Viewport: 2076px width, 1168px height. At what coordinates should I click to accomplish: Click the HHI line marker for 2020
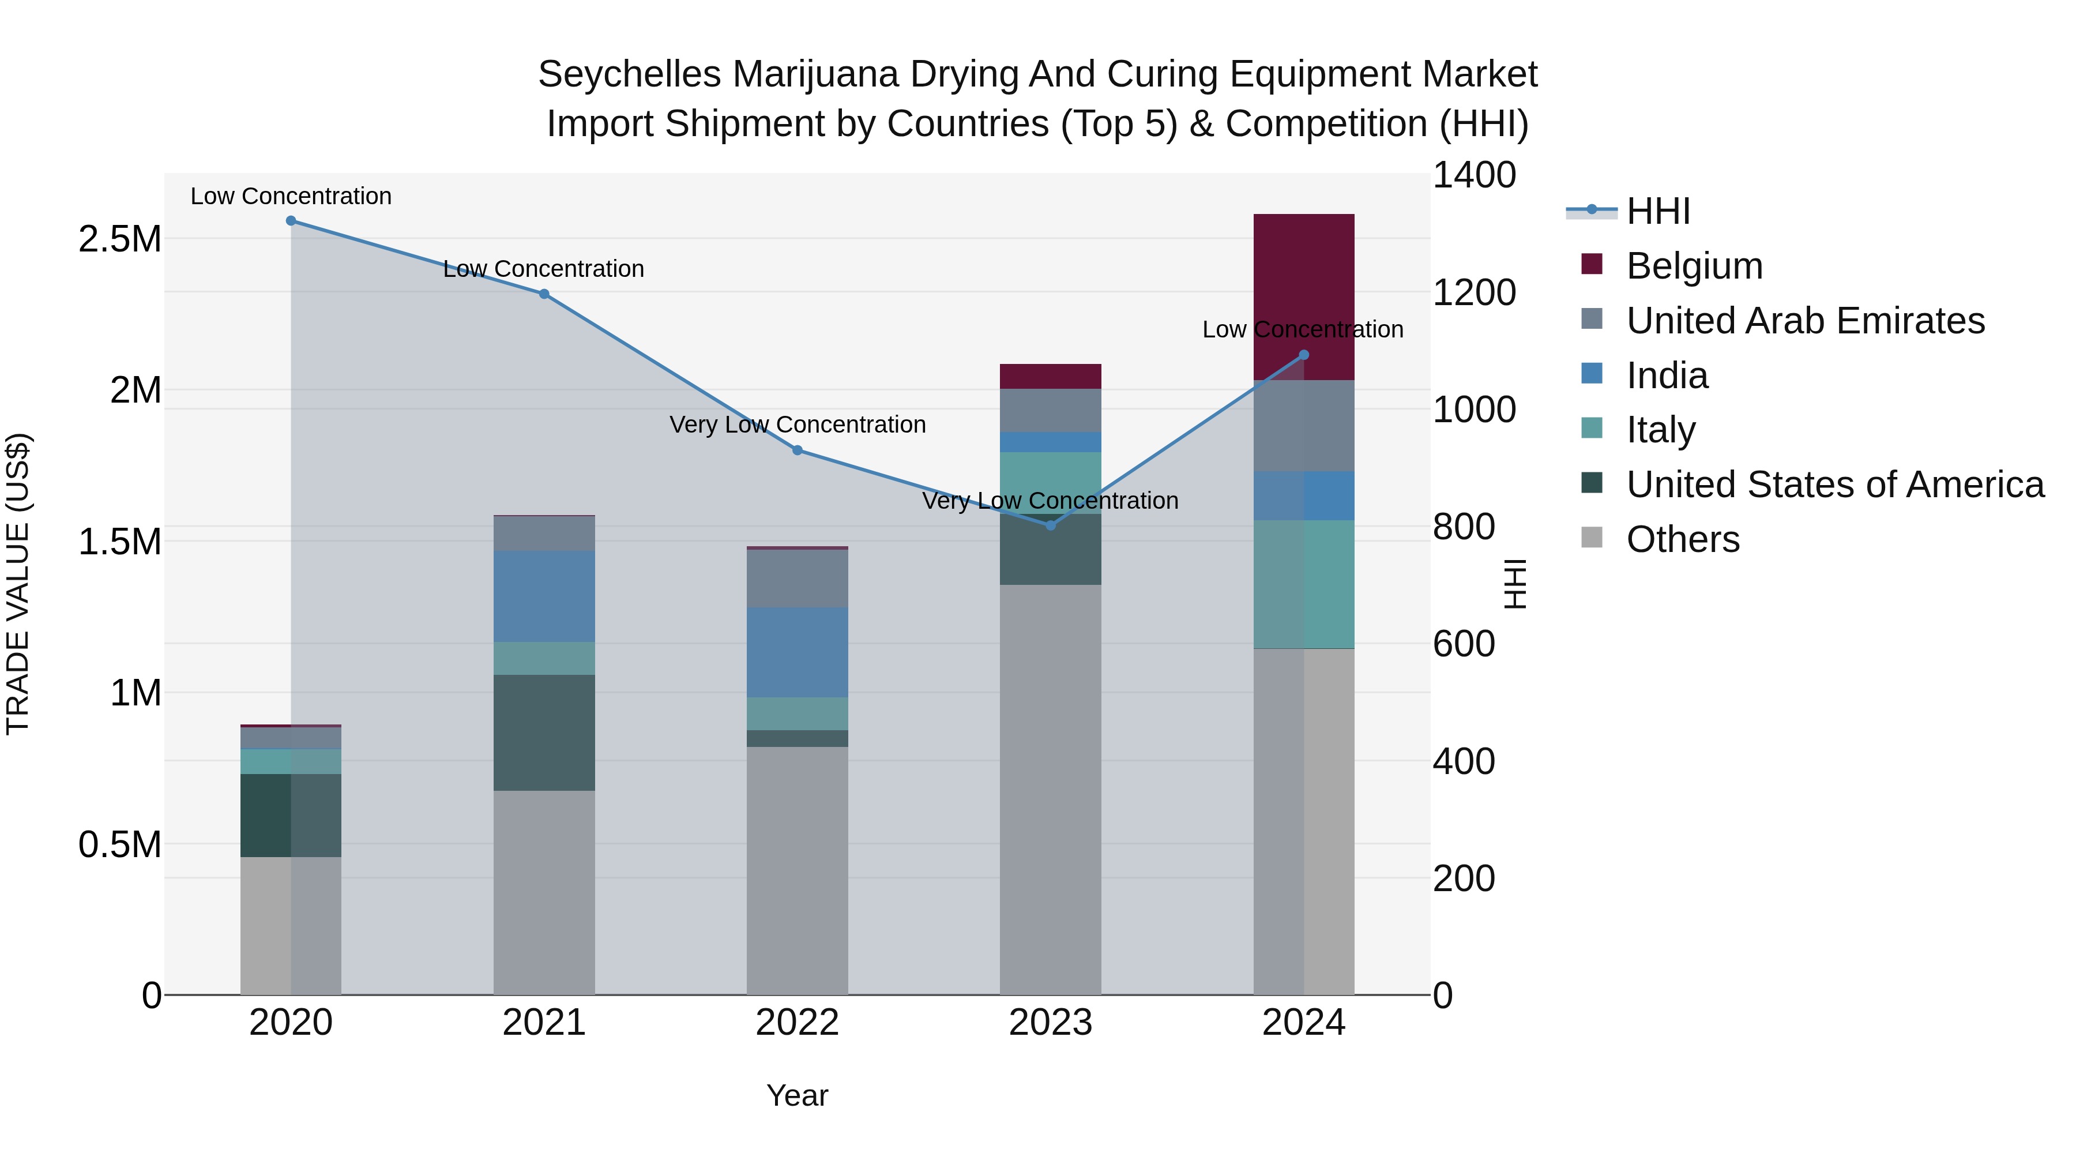tap(291, 221)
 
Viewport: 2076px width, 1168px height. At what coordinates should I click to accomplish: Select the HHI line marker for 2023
tap(1050, 525)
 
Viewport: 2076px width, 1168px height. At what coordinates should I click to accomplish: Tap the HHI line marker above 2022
tap(797, 450)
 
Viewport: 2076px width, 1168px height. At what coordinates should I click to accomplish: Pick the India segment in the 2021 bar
tap(544, 596)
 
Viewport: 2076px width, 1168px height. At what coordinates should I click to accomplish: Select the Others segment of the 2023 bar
tap(1050, 790)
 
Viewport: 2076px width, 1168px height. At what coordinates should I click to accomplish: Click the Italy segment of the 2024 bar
tap(1303, 584)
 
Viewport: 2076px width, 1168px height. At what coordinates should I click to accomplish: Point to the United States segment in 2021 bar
tap(544, 733)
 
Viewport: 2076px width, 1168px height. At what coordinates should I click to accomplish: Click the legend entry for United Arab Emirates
tap(1804, 321)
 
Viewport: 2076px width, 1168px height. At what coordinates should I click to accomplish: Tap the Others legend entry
tap(1682, 539)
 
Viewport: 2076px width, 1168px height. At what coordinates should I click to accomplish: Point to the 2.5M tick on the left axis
tap(119, 239)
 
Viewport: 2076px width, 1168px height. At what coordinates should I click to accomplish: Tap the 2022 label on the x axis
tap(797, 1023)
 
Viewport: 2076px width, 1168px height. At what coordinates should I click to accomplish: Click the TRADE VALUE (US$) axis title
tap(18, 584)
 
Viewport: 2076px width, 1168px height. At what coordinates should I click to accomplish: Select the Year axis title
tap(797, 1095)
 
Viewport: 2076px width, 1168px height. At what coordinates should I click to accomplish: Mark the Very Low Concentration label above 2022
tap(797, 425)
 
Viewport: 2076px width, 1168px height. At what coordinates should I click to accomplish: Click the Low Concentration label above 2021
tap(544, 269)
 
